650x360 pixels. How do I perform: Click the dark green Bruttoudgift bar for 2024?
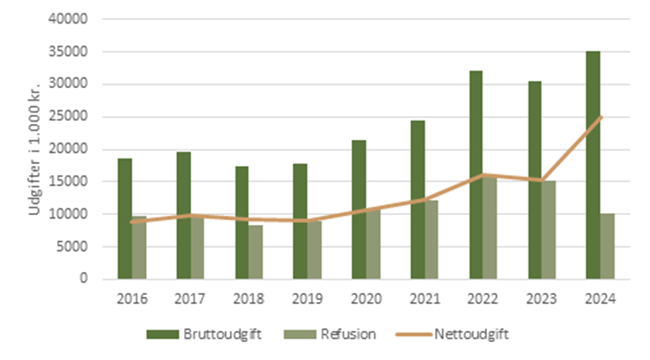[593, 165]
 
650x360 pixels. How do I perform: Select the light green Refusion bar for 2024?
[607, 246]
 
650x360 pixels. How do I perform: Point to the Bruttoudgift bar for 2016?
[124, 219]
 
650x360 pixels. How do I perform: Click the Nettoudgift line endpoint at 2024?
[600, 117]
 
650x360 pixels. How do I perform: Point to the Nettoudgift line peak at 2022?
[483, 174]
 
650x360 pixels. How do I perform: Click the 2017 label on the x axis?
[190, 299]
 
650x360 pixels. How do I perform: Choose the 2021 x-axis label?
[424, 299]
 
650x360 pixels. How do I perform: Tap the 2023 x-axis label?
[541, 299]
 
